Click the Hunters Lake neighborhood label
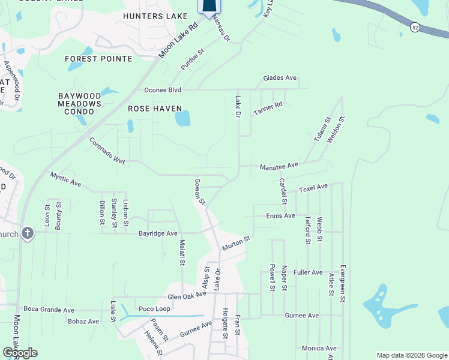point(155,16)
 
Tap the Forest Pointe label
point(99,58)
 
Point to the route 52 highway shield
point(415,27)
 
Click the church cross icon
point(27,233)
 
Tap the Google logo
point(20,352)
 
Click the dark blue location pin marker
point(208,6)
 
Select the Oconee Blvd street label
point(162,90)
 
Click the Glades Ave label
point(280,78)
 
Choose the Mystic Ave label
point(65,178)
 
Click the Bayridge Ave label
point(158,233)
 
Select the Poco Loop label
point(154,308)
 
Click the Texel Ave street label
point(313,188)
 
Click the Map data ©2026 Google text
point(411,355)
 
